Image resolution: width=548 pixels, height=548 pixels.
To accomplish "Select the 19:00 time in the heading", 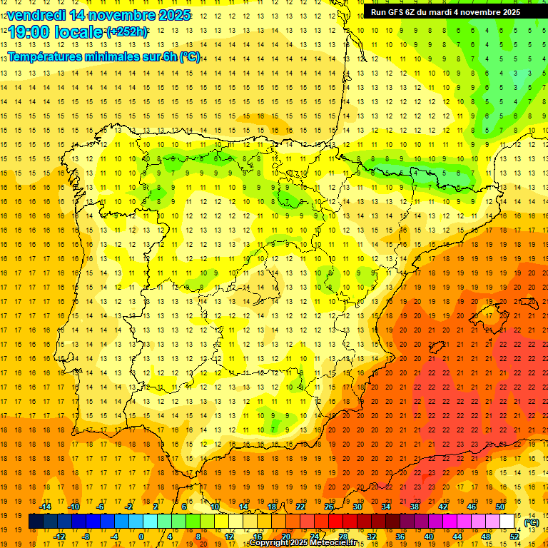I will click(29, 32).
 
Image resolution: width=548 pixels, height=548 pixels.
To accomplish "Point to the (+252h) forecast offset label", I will click(127, 32).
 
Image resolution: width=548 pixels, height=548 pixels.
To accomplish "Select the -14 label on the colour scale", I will click(44, 507).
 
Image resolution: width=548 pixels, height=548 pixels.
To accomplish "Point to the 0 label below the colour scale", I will click(141, 537).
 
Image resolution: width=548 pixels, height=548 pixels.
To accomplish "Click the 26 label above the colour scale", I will click(329, 507).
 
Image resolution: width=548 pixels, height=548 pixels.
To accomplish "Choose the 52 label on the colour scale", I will click(514, 537).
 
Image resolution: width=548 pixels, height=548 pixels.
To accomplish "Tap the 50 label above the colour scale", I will click(500, 507).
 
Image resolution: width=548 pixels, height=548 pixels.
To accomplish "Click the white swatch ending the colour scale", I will click(507, 522).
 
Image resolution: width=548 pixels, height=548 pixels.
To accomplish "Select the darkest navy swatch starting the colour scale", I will click(36, 522).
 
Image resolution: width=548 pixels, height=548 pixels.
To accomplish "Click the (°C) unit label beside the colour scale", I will click(531, 522).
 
